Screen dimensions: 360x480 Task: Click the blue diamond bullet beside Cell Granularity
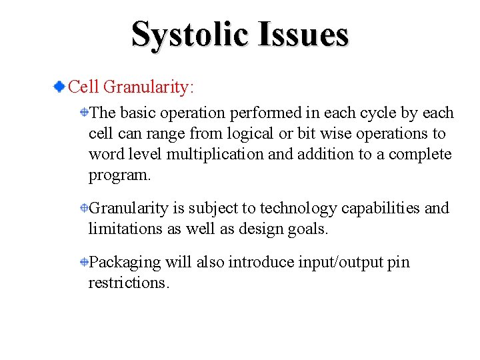60,87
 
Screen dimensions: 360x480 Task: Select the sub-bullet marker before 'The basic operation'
85,113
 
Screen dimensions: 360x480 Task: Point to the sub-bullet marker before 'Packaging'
85,262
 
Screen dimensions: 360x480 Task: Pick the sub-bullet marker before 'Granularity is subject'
85,208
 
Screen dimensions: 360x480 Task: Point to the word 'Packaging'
125,263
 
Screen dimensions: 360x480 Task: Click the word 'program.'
120,175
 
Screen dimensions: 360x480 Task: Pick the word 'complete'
420,155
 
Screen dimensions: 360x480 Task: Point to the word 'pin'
399,263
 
